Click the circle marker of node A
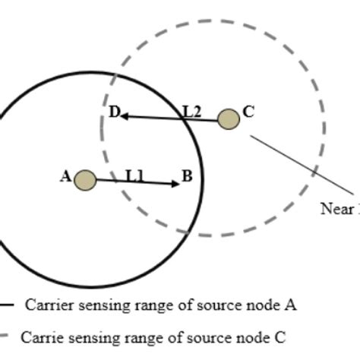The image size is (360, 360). click(x=86, y=180)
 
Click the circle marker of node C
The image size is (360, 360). click(x=229, y=119)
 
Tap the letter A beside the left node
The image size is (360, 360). click(x=65, y=177)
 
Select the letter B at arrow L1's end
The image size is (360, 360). click(x=186, y=178)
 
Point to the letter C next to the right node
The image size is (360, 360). click(x=248, y=113)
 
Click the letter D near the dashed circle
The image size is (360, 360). click(x=113, y=113)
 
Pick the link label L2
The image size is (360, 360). click(x=191, y=112)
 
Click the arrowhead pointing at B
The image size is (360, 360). click(x=175, y=183)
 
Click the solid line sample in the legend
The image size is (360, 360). click(x=8, y=305)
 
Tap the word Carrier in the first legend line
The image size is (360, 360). click(x=48, y=305)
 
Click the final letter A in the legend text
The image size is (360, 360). click(x=291, y=305)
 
